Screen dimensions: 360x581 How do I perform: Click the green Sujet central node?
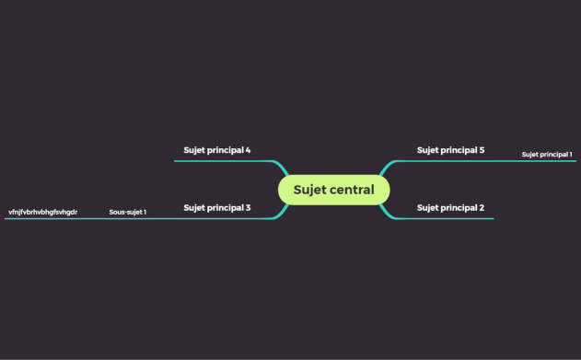(333, 190)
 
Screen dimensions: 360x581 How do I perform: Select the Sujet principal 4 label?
(216, 150)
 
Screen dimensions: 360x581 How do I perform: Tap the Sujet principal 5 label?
(450, 150)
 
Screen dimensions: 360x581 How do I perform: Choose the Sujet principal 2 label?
(450, 208)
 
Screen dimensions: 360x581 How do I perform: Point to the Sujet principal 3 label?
(216, 208)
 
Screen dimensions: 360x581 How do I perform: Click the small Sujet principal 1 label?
(547, 155)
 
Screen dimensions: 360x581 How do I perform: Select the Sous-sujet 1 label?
(127, 213)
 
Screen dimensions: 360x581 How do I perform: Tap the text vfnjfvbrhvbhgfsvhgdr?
(42, 213)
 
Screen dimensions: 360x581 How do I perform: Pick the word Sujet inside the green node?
(309, 191)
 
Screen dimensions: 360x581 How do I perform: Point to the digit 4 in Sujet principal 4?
(249, 150)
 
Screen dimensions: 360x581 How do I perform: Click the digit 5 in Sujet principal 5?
(482, 150)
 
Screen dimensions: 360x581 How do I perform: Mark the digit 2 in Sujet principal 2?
(482, 208)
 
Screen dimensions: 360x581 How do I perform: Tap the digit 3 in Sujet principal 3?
(249, 208)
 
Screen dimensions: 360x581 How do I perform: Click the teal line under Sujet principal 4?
(221, 161)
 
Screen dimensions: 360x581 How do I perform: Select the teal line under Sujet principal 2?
(451, 219)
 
